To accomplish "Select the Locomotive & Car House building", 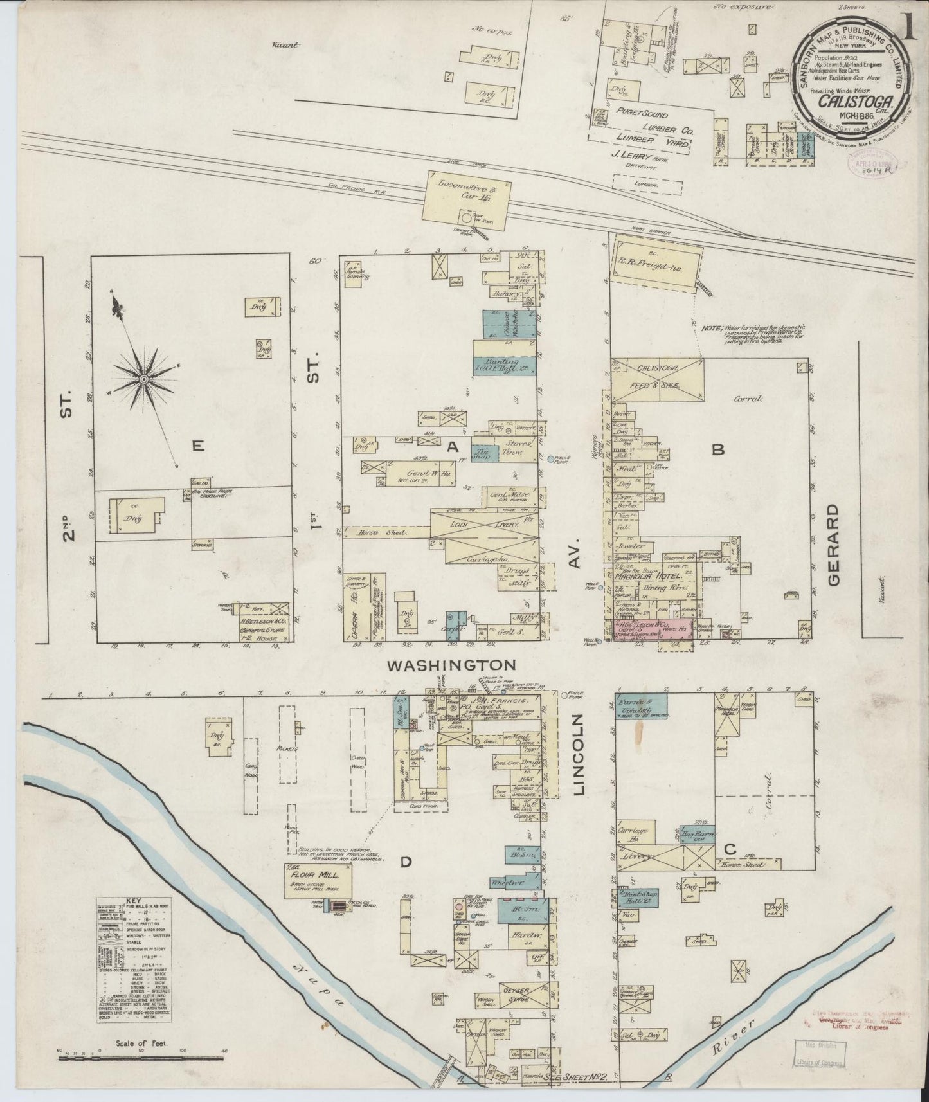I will [467, 199].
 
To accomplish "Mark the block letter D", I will [406, 863].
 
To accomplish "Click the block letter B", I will [717, 451].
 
